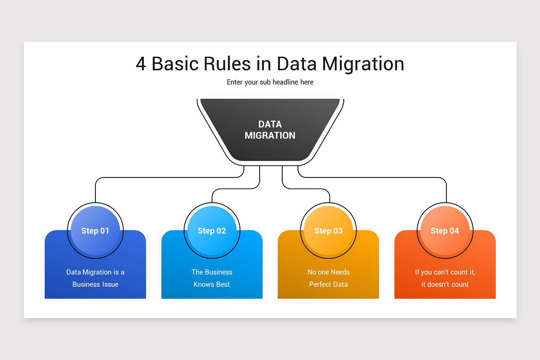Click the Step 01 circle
pos(95,231)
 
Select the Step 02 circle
pos(212,231)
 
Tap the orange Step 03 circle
pos(328,231)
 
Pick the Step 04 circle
pos(445,231)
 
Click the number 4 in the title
pos(141,64)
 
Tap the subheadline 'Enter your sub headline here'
pos(270,82)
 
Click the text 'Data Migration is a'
pos(95,272)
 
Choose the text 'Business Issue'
pos(95,284)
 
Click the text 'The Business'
pos(212,272)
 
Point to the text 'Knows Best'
pos(212,284)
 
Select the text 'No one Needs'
pos(328,272)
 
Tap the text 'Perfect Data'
pos(328,284)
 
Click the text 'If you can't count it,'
pos(445,272)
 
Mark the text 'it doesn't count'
pos(445,284)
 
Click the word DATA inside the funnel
pos(270,124)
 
